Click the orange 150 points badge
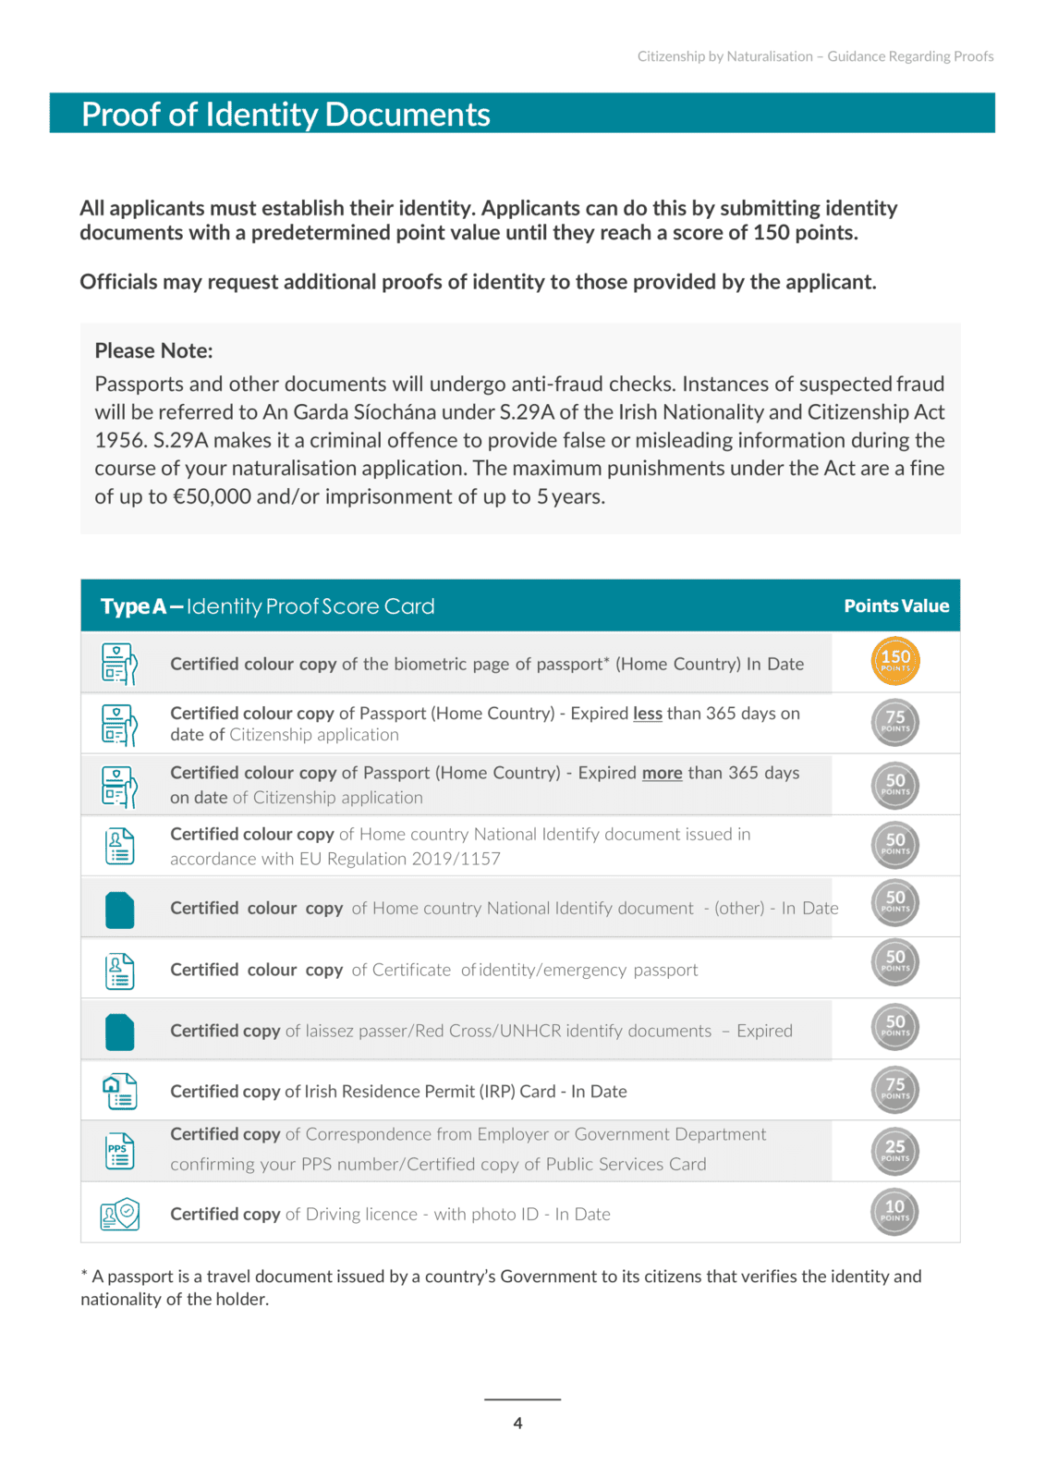coord(894,661)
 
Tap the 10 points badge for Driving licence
coord(894,1211)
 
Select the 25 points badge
coord(894,1151)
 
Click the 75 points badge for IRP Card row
coord(894,1089)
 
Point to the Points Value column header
coord(896,606)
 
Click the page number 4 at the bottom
coord(517,1424)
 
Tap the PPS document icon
coord(119,1151)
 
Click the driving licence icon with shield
coord(120,1214)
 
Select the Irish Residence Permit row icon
coord(120,1092)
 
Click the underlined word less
coord(647,714)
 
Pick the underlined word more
coord(662,773)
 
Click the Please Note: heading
coord(153,351)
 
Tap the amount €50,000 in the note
coord(212,497)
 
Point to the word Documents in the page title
coord(407,115)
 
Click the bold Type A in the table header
coord(133,607)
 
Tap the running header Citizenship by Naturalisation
coord(724,56)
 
